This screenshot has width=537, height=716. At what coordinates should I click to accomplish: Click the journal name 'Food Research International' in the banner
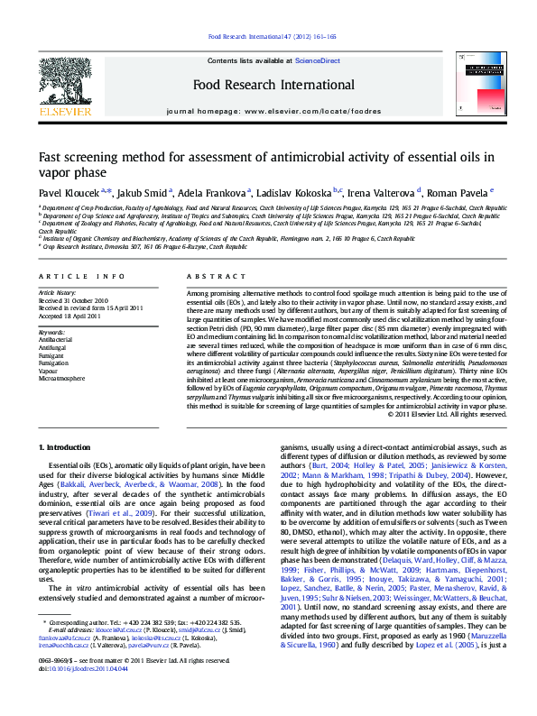[267, 86]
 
